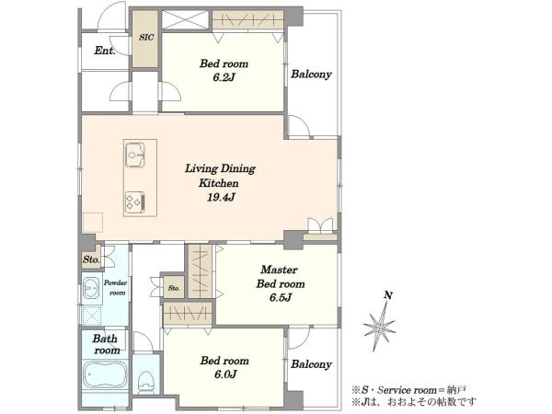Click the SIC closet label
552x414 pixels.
click(146, 37)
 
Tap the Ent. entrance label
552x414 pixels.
click(105, 51)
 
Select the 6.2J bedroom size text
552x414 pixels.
click(224, 77)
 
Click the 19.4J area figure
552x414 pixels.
click(221, 197)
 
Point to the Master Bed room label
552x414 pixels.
click(281, 277)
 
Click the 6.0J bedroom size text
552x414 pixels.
click(225, 374)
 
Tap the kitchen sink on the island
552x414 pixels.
click(135, 155)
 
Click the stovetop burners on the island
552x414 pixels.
click(135, 202)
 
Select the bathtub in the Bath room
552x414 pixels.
click(105, 374)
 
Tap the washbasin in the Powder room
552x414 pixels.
click(91, 288)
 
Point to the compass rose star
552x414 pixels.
click(379, 328)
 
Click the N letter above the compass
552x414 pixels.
click(388, 295)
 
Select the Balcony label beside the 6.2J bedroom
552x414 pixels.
click(311, 75)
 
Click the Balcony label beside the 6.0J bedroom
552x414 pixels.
click(311, 364)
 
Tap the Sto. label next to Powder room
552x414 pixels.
click(91, 259)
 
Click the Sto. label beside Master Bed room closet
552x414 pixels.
click(174, 288)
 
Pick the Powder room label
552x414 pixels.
click(115, 288)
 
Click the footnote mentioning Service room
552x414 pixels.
click(409, 390)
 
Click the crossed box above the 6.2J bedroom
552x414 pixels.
click(186, 19)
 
